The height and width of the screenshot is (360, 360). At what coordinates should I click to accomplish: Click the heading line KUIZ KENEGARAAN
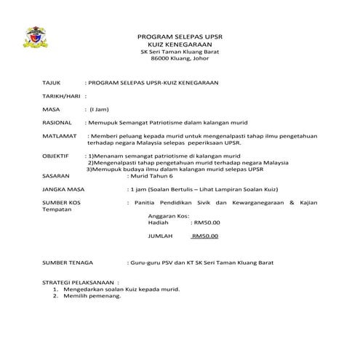[179, 44]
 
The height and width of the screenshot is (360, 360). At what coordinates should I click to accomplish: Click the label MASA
[52, 109]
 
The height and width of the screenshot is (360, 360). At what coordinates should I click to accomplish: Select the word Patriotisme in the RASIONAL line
[159, 122]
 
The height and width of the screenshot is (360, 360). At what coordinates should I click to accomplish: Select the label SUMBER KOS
[63, 202]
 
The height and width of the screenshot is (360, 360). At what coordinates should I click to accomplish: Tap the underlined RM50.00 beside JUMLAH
[204, 236]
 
